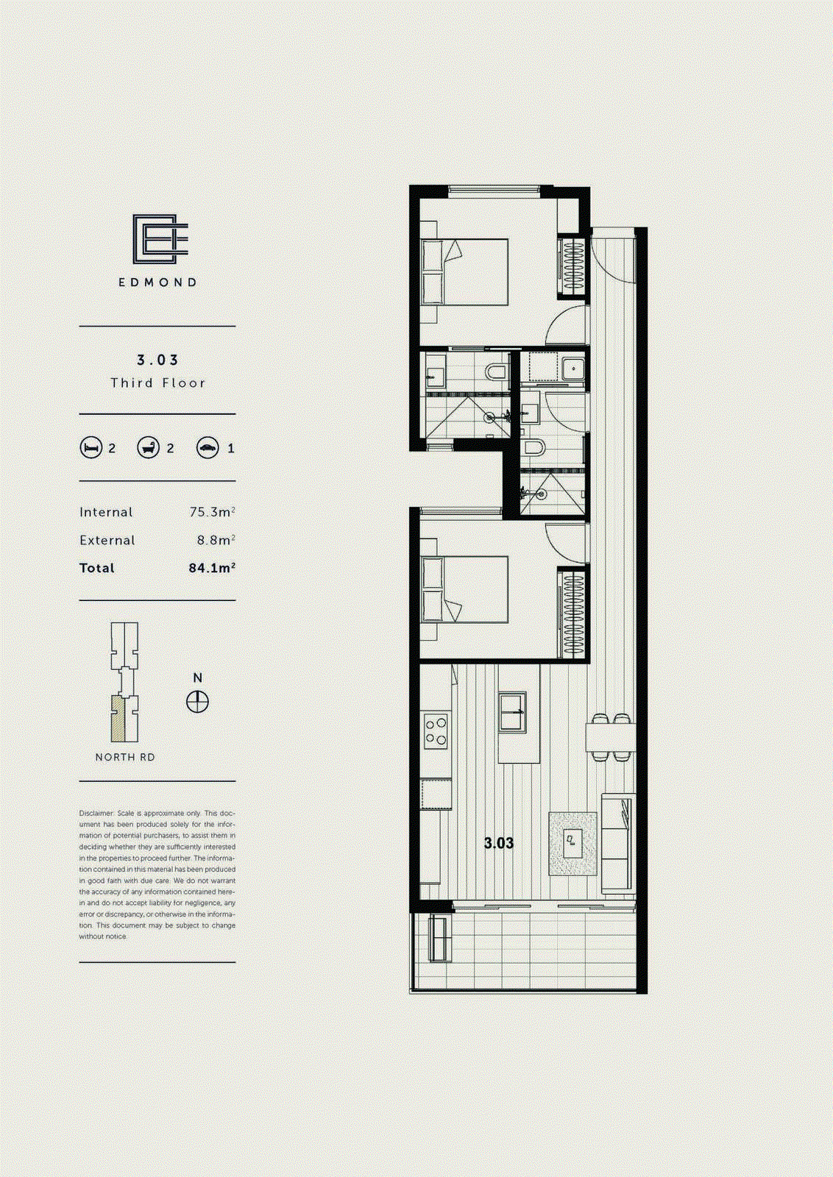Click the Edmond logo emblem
click(x=160, y=239)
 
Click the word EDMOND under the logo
click(x=158, y=282)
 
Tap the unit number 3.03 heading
click(x=157, y=360)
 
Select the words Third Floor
click(x=157, y=383)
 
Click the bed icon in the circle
click(x=91, y=447)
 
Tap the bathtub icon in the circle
click(x=149, y=447)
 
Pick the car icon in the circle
click(x=208, y=447)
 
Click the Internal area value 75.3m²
click(x=212, y=512)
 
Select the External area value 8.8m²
click(x=215, y=540)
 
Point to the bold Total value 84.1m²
click(x=212, y=568)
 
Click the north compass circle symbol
click(x=197, y=702)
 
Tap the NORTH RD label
click(x=125, y=757)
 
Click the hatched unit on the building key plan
click(x=118, y=719)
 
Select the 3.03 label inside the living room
click(x=498, y=843)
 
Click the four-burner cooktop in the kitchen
click(x=436, y=731)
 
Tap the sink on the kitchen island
click(x=513, y=711)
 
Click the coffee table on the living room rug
click(x=573, y=843)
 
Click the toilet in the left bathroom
click(x=498, y=371)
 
